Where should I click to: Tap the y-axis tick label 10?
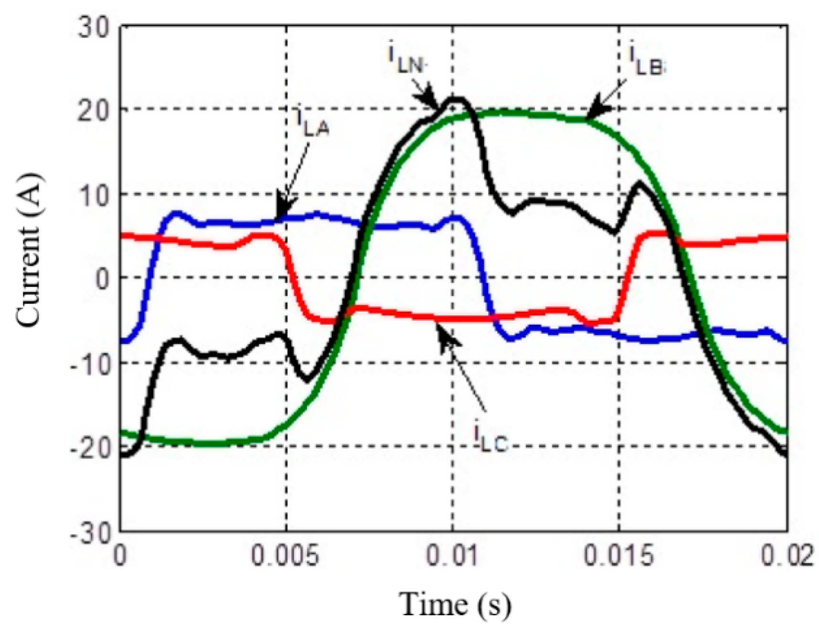[x=95, y=194]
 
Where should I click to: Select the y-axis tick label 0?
[x=102, y=278]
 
